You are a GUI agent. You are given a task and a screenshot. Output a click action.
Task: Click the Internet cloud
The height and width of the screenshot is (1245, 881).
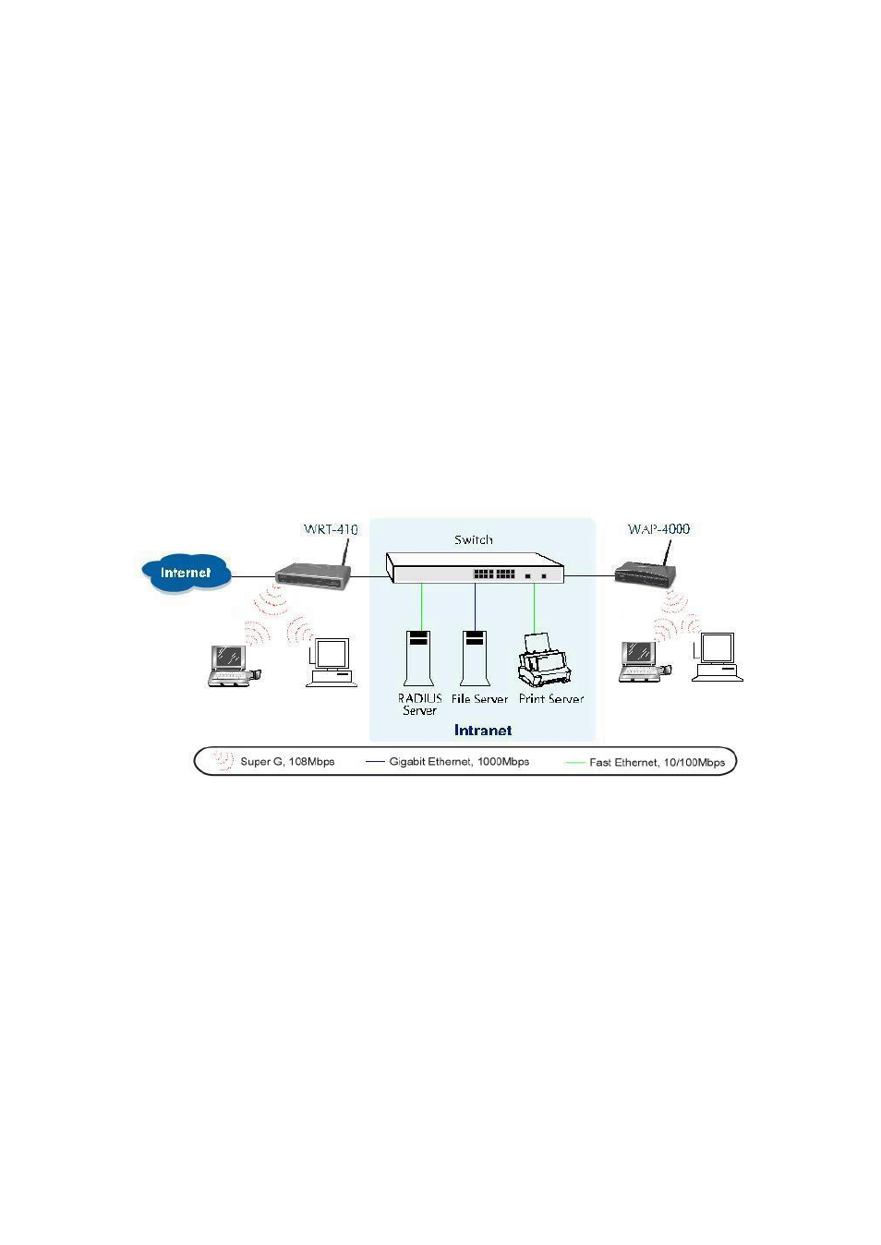point(187,573)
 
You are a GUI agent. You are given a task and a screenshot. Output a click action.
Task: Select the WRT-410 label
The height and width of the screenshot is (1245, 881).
point(331,529)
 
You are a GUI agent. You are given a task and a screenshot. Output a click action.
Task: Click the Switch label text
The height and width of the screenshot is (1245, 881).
point(474,539)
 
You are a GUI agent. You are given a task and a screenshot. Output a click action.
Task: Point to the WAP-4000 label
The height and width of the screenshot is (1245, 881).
point(658,529)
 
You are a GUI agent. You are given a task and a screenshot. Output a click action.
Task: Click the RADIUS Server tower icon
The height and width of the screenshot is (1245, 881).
point(418,659)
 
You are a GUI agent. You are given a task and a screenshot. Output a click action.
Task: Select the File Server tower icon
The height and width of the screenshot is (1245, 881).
point(475,659)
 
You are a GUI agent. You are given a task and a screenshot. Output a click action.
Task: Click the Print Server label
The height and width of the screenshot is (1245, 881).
point(550,699)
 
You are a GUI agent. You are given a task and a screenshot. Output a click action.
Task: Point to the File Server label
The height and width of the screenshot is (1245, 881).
point(479,699)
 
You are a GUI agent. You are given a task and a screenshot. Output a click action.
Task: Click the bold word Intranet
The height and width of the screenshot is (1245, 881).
point(483,731)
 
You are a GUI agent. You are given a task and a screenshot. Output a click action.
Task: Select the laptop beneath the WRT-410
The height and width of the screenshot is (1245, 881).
point(234,666)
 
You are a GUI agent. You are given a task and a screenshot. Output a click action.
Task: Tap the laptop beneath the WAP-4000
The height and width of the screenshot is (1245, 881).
point(645,661)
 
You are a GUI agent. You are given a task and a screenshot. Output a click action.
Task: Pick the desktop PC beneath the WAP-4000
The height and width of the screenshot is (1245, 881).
point(717,657)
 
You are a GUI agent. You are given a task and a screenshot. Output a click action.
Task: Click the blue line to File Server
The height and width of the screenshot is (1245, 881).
point(475,607)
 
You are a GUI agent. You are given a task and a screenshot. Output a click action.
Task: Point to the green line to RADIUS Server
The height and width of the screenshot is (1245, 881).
point(422,607)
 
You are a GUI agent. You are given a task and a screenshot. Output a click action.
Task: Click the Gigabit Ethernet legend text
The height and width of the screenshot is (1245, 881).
point(459,762)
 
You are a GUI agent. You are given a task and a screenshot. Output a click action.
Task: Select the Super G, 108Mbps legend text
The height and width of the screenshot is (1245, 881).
point(287,762)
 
